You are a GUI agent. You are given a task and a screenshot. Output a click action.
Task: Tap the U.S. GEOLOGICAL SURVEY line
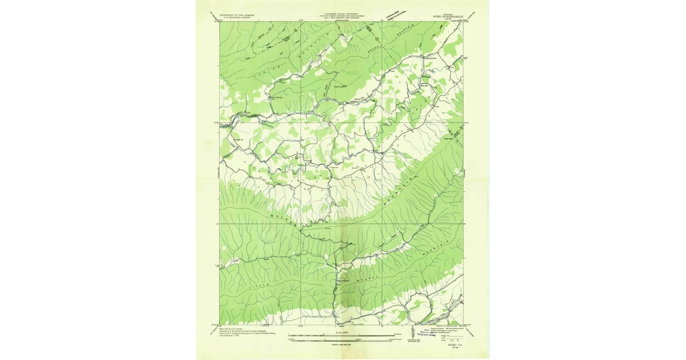(236, 19)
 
